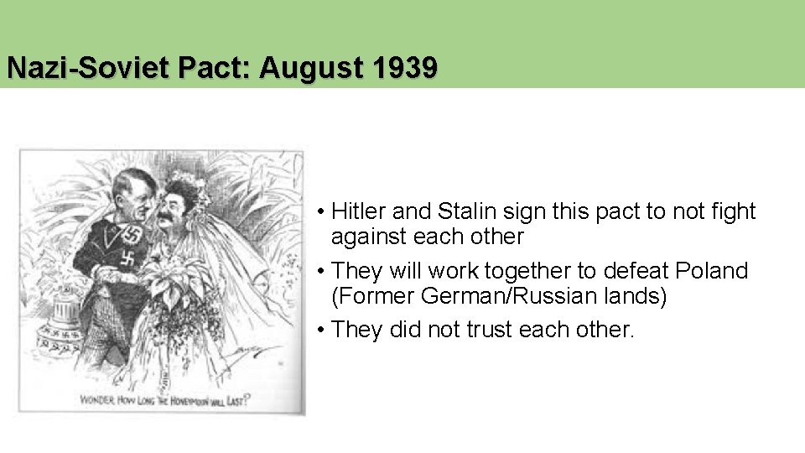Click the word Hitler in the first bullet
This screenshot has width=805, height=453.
[x=360, y=211]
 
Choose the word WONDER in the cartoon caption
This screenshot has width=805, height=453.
[x=99, y=399]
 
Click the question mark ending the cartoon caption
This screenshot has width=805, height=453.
[x=249, y=399]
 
